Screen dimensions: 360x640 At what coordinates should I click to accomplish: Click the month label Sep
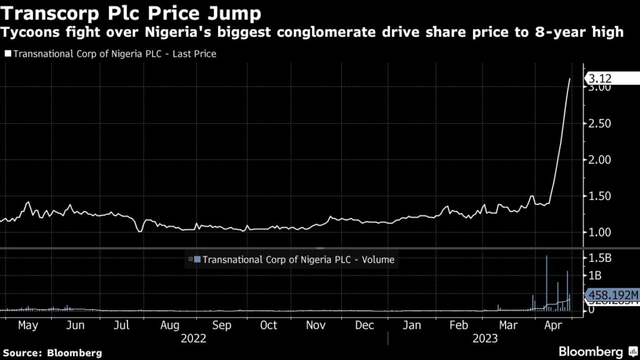click(x=222, y=326)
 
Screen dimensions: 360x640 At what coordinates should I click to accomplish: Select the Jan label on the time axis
click(x=411, y=326)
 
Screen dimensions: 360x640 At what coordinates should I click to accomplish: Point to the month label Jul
click(x=122, y=326)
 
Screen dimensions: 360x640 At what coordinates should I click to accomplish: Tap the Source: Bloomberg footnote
click(x=51, y=352)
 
